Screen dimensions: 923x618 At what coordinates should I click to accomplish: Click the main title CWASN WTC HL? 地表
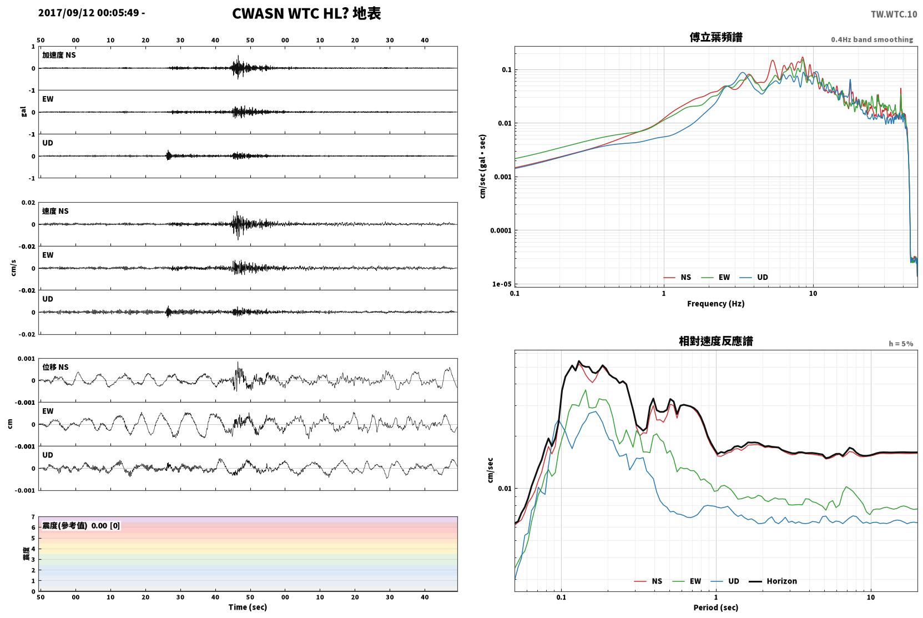click(306, 14)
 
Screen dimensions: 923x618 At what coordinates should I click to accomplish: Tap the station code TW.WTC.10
click(894, 14)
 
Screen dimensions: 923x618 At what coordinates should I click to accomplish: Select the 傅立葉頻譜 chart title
click(716, 38)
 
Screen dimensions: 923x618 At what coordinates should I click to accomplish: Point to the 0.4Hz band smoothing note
click(872, 39)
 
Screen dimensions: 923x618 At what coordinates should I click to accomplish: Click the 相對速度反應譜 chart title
click(716, 341)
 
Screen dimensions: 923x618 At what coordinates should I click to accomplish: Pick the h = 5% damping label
click(901, 343)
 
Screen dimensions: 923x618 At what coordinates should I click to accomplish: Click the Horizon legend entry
click(773, 581)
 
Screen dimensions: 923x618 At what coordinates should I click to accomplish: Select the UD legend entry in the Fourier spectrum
click(754, 278)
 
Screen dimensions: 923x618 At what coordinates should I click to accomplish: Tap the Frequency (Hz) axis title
click(716, 304)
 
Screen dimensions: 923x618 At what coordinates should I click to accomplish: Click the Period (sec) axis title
click(716, 607)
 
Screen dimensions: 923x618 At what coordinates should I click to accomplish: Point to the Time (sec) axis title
click(248, 607)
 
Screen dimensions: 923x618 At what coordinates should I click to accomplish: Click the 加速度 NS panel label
click(59, 55)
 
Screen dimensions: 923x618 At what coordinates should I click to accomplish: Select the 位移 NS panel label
click(55, 368)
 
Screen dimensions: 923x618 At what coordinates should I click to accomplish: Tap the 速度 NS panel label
click(55, 212)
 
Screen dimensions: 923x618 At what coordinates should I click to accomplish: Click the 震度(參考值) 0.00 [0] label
click(81, 526)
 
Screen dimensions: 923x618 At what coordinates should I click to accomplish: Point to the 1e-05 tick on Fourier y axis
click(502, 284)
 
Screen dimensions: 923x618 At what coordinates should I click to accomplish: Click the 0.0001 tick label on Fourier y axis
click(501, 230)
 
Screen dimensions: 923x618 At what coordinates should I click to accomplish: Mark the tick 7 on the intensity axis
click(33, 517)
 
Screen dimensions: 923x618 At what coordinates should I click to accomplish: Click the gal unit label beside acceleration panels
click(23, 112)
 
